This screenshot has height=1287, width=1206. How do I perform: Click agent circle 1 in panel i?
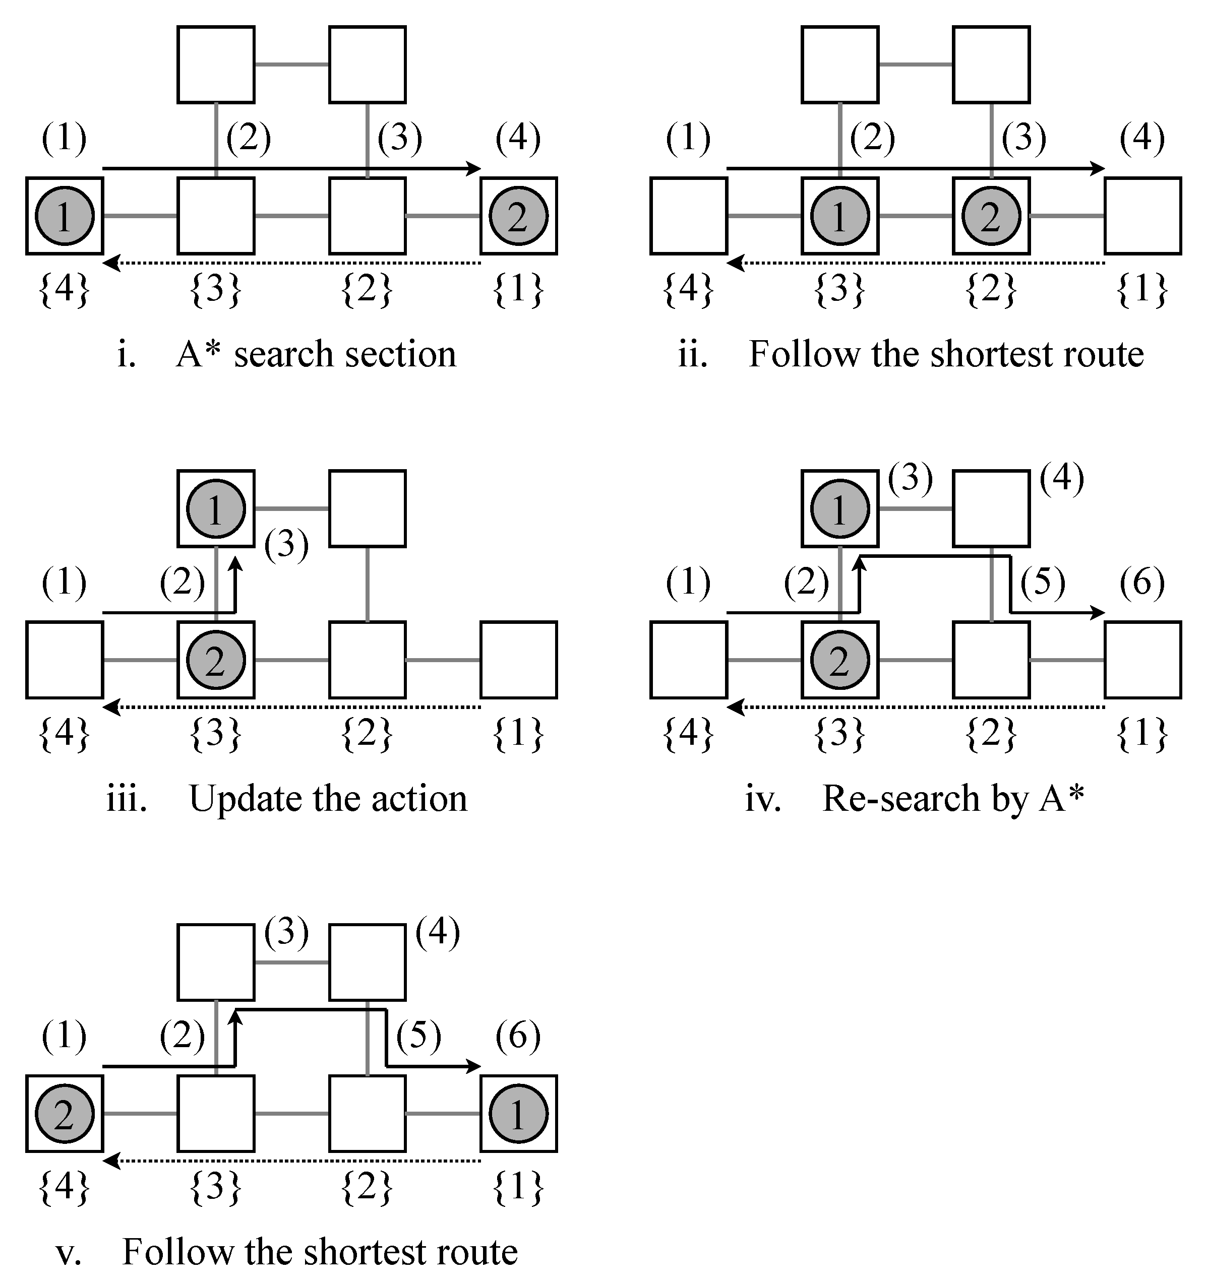coord(64,216)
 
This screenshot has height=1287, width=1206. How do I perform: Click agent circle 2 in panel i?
coord(518,216)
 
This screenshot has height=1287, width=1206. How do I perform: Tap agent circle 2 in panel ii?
coord(991,216)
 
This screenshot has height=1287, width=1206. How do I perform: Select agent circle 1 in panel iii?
coord(216,509)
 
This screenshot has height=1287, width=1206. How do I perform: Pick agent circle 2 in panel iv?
coord(839,660)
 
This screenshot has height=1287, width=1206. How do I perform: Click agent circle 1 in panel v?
coord(518,1114)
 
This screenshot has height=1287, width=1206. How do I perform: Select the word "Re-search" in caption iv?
coord(900,799)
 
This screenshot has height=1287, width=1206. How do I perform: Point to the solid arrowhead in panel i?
coord(475,169)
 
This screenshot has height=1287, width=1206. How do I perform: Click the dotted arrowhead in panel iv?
coord(734,707)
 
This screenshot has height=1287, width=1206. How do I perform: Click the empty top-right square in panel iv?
coord(991,509)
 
